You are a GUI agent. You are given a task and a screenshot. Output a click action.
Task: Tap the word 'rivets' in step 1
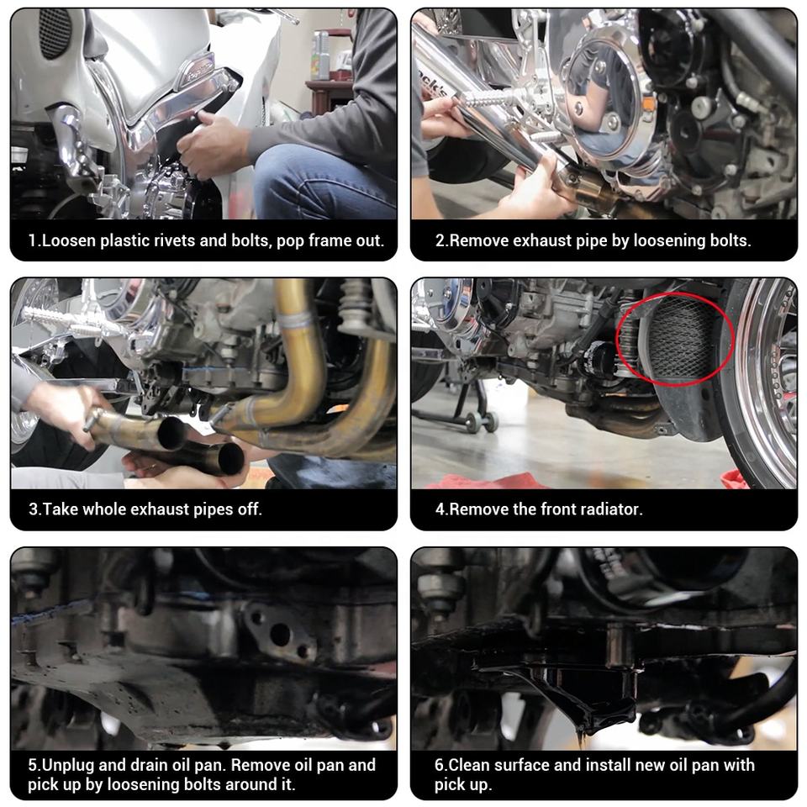(171, 240)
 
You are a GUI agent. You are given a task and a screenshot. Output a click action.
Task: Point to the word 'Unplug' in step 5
(68, 765)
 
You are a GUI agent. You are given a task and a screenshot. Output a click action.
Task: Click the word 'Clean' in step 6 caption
(469, 765)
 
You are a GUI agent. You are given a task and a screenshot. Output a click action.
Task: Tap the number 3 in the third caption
(33, 509)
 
